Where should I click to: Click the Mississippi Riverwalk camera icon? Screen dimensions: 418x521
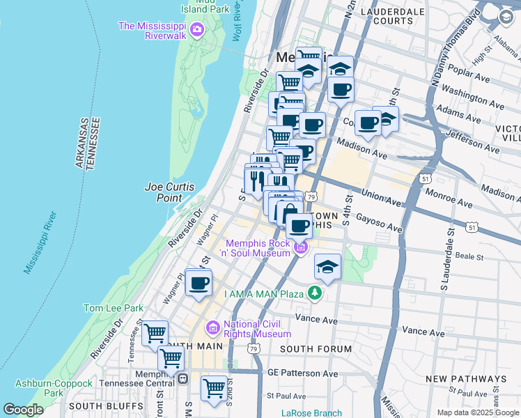[x=197, y=29]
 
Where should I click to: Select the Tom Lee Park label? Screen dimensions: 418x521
[x=113, y=307]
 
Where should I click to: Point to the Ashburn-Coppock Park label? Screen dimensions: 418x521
[x=54, y=389]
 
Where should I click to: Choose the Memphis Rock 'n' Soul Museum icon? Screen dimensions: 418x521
[x=301, y=247]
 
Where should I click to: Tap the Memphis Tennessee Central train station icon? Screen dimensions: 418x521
[x=183, y=379]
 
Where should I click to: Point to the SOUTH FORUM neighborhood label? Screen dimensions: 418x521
[x=312, y=348]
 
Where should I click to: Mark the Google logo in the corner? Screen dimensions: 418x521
[x=23, y=410]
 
